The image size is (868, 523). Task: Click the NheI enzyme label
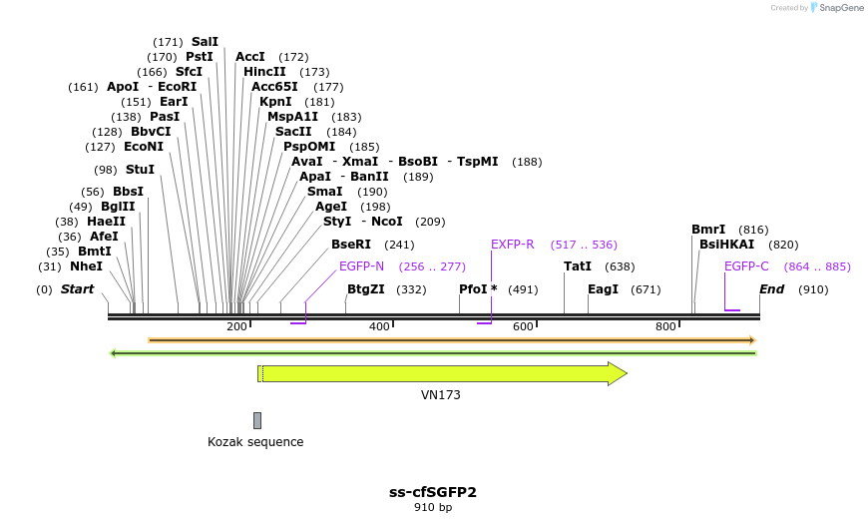tap(86, 266)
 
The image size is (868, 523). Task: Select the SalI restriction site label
tap(205, 42)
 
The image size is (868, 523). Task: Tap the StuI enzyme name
tap(140, 170)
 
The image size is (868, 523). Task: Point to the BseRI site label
tap(351, 245)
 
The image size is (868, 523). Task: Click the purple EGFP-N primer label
tap(361, 266)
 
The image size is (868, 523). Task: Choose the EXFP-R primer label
tap(513, 245)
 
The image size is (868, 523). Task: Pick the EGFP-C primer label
tap(746, 266)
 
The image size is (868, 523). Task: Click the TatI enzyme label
tap(578, 266)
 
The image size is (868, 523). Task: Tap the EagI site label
tap(603, 289)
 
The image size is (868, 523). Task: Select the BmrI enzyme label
tap(708, 230)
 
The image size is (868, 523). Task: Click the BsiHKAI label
tap(726, 245)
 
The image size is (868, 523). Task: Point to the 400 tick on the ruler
tap(380, 326)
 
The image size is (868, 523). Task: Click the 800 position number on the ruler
tap(666, 326)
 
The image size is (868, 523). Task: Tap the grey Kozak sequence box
tap(257, 420)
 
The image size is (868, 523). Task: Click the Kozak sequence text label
tap(255, 441)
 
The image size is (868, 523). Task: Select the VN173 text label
tap(441, 395)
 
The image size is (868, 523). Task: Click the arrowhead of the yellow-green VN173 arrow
tap(618, 373)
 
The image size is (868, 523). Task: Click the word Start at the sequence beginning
tap(77, 289)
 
